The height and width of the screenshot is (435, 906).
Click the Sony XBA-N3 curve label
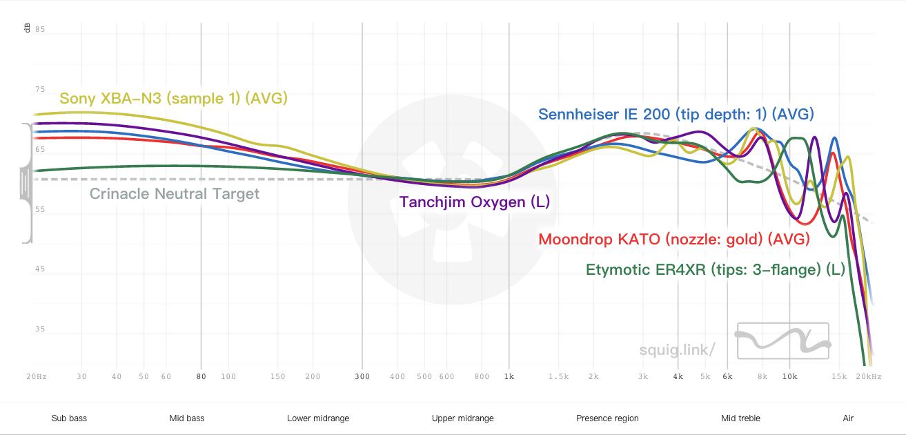tap(173, 98)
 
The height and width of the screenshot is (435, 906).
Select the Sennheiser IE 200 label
tap(676, 114)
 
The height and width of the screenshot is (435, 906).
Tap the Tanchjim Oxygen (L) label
tap(475, 202)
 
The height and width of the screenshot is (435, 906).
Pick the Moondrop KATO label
tap(673, 239)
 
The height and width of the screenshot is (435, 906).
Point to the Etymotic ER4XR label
tap(715, 269)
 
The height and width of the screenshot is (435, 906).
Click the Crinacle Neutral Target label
tap(175, 193)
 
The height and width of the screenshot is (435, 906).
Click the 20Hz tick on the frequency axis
tap(37, 376)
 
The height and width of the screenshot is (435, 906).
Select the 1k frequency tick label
tap(509, 376)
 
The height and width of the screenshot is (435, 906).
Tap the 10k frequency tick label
tap(789, 376)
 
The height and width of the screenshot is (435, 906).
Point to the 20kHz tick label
tap(869, 376)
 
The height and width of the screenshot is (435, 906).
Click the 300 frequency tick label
tap(362, 376)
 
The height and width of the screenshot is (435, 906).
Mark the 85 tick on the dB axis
tap(40, 30)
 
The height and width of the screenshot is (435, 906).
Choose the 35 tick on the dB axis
tap(40, 329)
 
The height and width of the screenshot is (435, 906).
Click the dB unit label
tap(27, 28)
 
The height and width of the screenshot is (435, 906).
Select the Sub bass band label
tap(69, 418)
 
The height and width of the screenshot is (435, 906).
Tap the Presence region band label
tap(607, 418)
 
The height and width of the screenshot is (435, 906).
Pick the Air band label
tap(848, 418)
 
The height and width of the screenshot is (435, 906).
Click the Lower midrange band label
tap(318, 418)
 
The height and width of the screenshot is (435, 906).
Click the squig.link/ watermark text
tap(676, 349)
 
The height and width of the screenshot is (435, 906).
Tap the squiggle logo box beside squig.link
tap(782, 340)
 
